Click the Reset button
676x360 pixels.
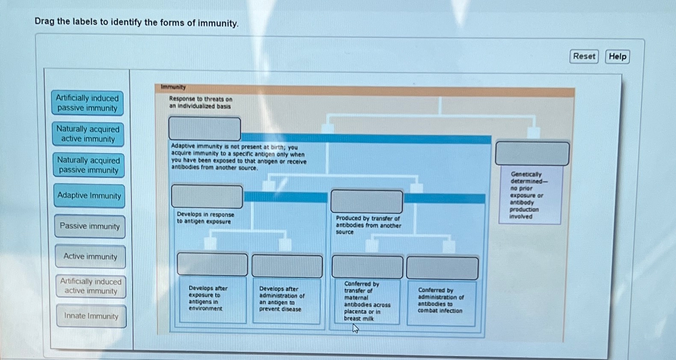[584, 56]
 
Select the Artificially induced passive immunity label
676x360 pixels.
[87, 103]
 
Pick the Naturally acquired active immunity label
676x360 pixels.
[88, 134]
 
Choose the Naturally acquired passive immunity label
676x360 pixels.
[89, 165]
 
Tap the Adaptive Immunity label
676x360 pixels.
[89, 196]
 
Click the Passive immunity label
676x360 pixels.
[90, 226]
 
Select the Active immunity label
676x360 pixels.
[90, 257]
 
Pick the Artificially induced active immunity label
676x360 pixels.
[91, 286]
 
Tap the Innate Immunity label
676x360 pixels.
[91, 316]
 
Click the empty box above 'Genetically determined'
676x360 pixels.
[532, 153]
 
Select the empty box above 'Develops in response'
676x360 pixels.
[207, 197]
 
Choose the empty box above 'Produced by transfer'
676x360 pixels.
[366, 201]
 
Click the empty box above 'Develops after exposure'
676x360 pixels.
[212, 264]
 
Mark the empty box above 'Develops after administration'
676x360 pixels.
[287, 266]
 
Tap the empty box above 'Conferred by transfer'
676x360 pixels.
[367, 267]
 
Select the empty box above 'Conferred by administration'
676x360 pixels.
[442, 268]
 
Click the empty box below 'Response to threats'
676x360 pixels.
[204, 128]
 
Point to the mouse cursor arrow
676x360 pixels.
[355, 328]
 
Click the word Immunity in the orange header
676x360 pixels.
[173, 87]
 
